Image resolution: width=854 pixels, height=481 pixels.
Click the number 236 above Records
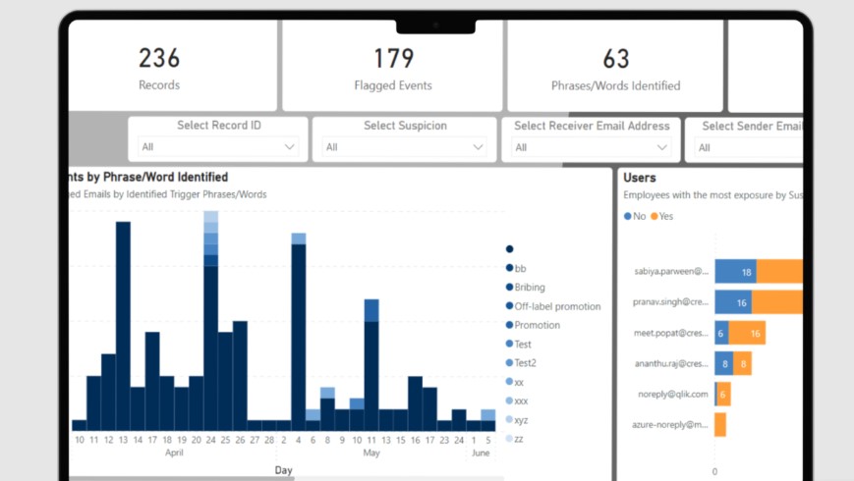click(158, 58)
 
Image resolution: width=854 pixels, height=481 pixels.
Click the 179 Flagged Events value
click(392, 58)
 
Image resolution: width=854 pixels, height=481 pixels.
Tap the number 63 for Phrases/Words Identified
click(615, 58)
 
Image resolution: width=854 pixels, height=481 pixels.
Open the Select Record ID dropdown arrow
click(289, 147)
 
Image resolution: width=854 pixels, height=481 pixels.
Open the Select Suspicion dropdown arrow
click(478, 147)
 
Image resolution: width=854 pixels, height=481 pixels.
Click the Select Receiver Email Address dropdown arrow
click(663, 147)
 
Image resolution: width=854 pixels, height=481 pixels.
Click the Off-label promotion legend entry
click(557, 306)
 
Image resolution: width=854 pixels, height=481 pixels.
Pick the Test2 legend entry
click(525, 363)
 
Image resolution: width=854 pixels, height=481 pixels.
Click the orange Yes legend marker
click(654, 216)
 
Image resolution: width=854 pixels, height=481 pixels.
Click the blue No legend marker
click(628, 216)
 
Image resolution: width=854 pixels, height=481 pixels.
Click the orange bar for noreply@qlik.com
click(722, 394)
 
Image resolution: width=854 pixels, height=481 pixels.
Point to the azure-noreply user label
click(671, 425)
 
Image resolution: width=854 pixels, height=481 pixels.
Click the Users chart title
click(639, 178)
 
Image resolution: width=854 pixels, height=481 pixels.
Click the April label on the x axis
click(174, 454)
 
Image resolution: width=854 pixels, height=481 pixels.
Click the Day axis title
click(283, 470)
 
